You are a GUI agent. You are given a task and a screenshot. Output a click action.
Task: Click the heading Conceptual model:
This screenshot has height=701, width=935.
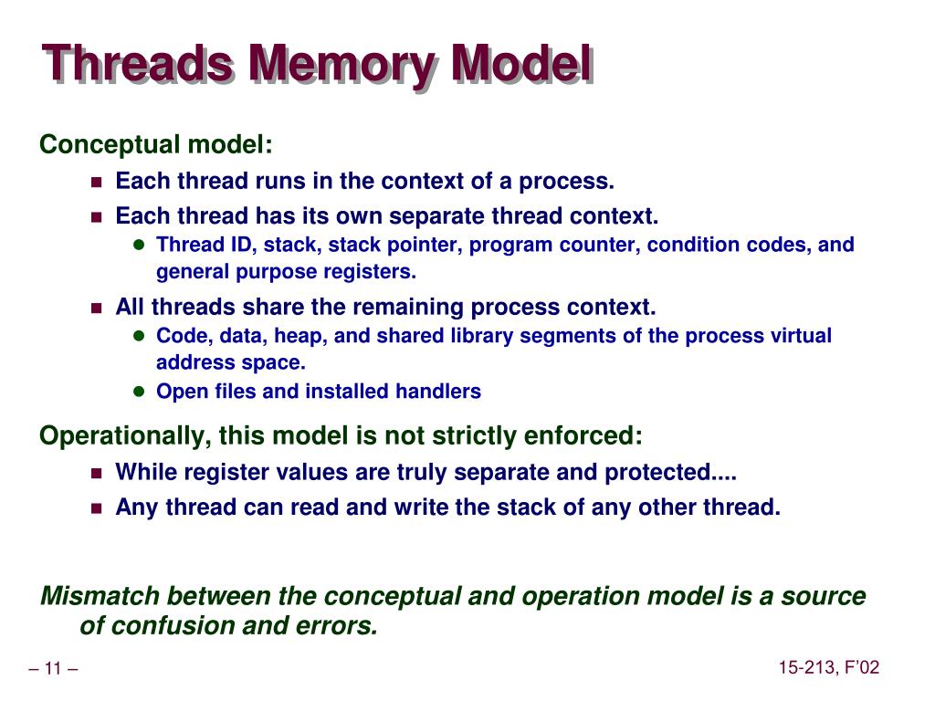click(155, 144)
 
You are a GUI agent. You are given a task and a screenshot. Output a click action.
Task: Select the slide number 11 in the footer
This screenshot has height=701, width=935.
click(52, 669)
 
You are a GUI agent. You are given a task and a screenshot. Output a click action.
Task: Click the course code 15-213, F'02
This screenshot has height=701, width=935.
click(828, 668)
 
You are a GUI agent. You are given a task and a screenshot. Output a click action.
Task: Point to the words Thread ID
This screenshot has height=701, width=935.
click(190, 245)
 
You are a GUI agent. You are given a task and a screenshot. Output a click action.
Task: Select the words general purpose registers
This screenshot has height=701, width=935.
click(286, 271)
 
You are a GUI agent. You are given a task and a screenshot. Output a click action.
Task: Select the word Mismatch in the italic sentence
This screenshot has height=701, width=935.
click(100, 597)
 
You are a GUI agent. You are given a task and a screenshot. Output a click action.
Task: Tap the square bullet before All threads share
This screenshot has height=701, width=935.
click(96, 308)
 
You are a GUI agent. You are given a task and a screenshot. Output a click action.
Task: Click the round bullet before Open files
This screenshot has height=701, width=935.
click(139, 392)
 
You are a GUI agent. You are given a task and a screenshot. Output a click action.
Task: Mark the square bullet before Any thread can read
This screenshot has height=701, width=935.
click(96, 507)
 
